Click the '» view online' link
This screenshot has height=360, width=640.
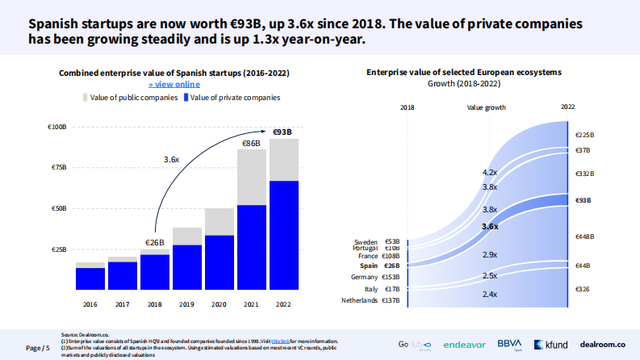point(174,84)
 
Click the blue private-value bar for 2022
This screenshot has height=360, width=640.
point(283,235)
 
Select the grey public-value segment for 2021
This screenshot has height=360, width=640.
point(251,178)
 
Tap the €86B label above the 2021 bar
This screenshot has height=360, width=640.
point(251,143)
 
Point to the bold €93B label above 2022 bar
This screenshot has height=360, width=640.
point(283,132)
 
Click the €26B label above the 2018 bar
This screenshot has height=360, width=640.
point(154,242)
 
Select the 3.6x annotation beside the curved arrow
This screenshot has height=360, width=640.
point(171,160)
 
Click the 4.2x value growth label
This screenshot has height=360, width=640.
point(489,173)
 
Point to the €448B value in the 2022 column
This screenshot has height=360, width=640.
point(584,237)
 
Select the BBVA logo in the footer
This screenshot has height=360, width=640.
point(510,343)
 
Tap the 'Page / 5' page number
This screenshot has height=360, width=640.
point(38,348)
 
